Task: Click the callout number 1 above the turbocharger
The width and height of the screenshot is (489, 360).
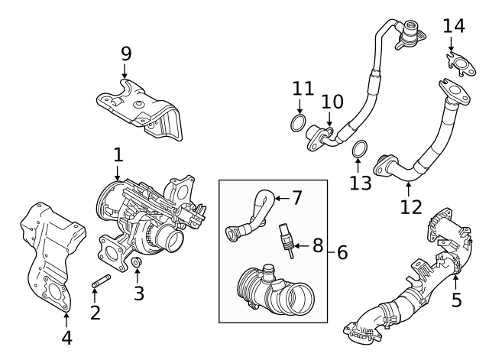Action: pyautogui.click(x=118, y=155)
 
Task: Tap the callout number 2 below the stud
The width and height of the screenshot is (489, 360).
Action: pyautogui.click(x=96, y=311)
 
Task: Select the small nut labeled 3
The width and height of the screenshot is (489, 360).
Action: pyautogui.click(x=138, y=265)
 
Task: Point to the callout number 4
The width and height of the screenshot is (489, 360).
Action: pyautogui.click(x=66, y=337)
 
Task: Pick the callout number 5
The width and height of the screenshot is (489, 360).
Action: pyautogui.click(x=456, y=300)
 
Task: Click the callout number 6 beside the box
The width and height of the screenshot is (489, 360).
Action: pyautogui.click(x=342, y=250)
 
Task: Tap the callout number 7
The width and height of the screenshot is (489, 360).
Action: pyautogui.click(x=297, y=198)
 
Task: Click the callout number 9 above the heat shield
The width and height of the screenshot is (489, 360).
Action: pyautogui.click(x=126, y=53)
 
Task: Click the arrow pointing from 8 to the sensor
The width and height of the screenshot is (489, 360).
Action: pyautogui.click(x=299, y=246)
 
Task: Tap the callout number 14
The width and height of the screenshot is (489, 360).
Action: pyautogui.click(x=453, y=27)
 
